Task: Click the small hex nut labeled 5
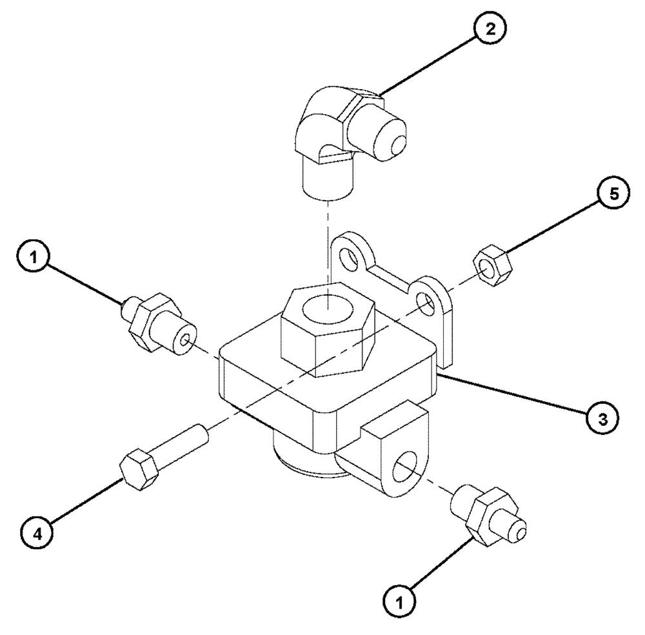(x=492, y=266)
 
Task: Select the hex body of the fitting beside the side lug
(x=488, y=512)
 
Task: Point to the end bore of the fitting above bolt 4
(x=186, y=339)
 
